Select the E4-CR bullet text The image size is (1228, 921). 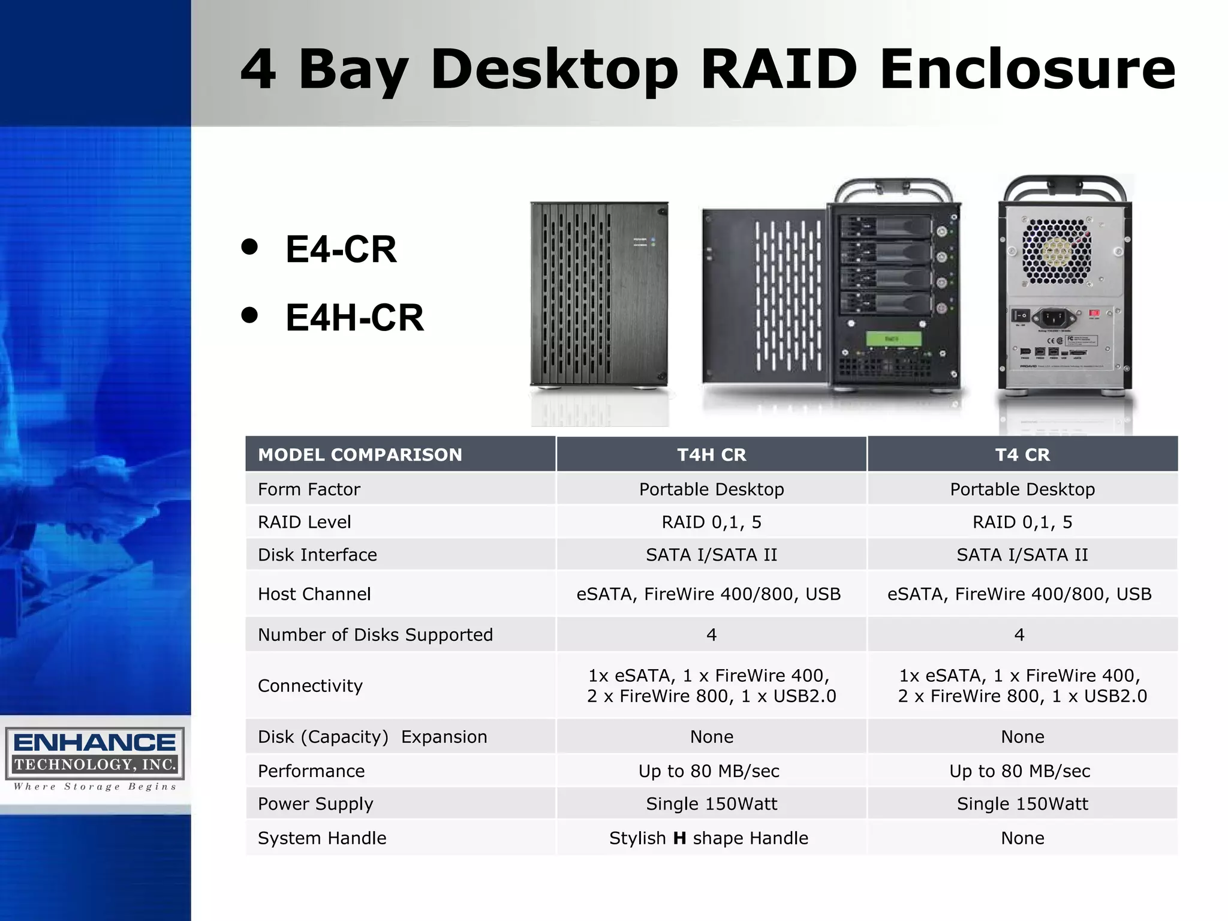pyautogui.click(x=341, y=249)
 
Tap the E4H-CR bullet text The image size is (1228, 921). pyautogui.click(x=354, y=317)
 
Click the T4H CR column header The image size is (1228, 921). pyautogui.click(x=711, y=455)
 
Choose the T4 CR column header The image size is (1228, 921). pyautogui.click(x=1022, y=455)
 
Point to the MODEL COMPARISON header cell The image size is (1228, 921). pyautogui.click(x=360, y=455)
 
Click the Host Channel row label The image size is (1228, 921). pyautogui.click(x=314, y=594)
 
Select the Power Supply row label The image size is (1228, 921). pyautogui.click(x=315, y=803)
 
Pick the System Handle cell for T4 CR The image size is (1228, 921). pyautogui.click(x=1022, y=838)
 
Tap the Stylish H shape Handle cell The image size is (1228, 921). pyautogui.click(x=709, y=838)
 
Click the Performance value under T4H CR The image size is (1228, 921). pyautogui.click(x=709, y=770)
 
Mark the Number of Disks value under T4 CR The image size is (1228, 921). pyautogui.click(x=1019, y=634)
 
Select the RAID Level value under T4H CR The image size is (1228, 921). pyautogui.click(x=711, y=522)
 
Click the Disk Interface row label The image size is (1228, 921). pyautogui.click(x=317, y=555)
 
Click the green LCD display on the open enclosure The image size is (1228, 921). pyautogui.click(x=892, y=339)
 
